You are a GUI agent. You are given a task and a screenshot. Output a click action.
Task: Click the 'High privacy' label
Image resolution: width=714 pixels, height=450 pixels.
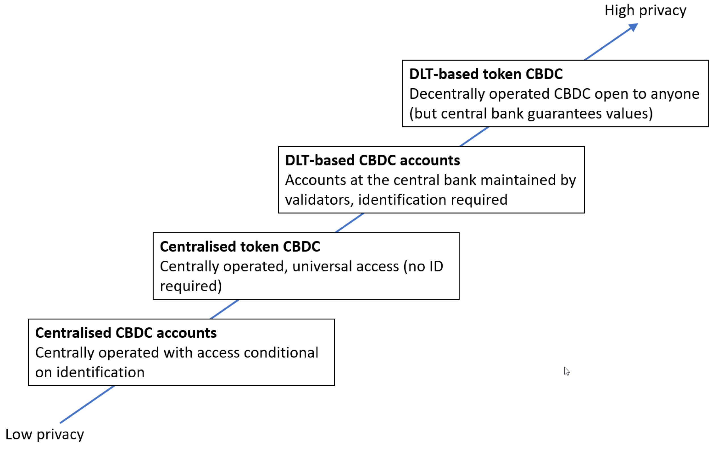click(645, 11)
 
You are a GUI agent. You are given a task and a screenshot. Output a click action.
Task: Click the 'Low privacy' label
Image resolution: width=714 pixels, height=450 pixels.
click(45, 435)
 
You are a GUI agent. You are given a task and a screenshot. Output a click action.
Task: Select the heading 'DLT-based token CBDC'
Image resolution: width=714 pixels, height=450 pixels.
click(486, 74)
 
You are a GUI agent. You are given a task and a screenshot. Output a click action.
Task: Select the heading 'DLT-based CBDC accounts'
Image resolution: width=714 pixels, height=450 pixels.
click(372, 161)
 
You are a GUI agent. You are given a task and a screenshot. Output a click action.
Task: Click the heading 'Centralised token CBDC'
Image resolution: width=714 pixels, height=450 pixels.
click(240, 247)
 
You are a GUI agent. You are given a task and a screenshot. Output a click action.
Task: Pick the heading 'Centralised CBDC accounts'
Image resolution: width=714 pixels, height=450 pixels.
click(126, 333)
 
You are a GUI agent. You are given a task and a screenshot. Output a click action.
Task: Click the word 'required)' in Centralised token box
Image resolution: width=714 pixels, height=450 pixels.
click(191, 286)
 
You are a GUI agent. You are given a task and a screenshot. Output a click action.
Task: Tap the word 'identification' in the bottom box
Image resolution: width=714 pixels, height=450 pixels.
click(100, 373)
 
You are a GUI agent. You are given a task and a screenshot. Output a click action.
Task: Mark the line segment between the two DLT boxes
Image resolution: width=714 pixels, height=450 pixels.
click(473, 137)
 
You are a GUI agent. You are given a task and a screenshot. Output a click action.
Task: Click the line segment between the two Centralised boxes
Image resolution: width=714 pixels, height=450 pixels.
click(224, 309)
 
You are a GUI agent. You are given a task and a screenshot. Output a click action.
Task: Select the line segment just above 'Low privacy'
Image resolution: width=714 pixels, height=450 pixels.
click(87, 404)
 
